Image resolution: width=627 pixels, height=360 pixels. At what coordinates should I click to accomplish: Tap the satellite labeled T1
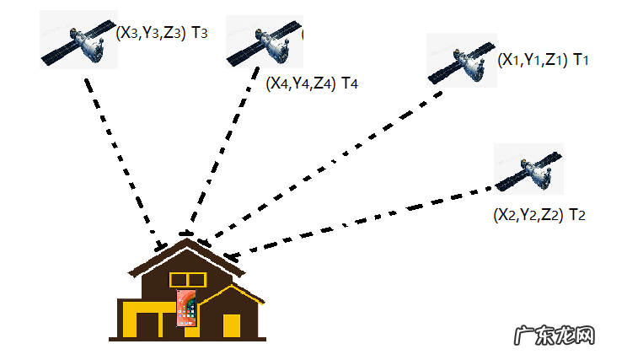461,61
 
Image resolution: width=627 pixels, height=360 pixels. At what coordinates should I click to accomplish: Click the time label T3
207,34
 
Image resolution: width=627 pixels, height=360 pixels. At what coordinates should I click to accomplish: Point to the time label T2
577,215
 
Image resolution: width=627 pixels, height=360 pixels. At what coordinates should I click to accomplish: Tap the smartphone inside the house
186,307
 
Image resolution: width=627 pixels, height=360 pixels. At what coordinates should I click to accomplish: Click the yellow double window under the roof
188,279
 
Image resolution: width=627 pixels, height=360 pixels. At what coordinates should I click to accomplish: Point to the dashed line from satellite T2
362,218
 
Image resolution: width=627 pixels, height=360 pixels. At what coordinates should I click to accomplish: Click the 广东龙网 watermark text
554,334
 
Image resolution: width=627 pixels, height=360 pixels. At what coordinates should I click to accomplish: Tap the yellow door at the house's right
232,325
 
